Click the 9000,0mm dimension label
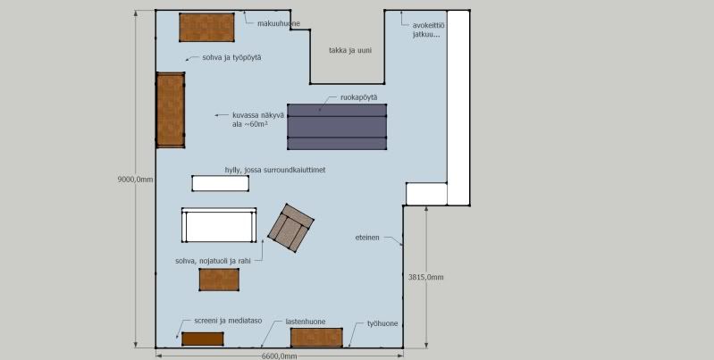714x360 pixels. pyautogui.click(x=136, y=180)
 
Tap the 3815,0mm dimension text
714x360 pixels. pyautogui.click(x=425, y=277)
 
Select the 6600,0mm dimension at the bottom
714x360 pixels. pyautogui.click(x=279, y=356)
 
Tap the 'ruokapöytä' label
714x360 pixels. pyautogui.click(x=359, y=97)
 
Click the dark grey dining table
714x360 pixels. pyautogui.click(x=337, y=127)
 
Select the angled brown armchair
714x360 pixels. pyautogui.click(x=290, y=228)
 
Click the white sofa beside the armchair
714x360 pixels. pyautogui.click(x=219, y=225)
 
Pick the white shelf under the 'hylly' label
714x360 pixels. pyautogui.click(x=221, y=183)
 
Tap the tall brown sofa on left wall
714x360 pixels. pyautogui.click(x=171, y=110)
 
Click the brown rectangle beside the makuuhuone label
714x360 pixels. pyautogui.click(x=206, y=28)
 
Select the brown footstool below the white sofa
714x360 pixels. pyautogui.click(x=219, y=280)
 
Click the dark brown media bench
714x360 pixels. pyautogui.click(x=203, y=339)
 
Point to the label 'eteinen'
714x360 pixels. pyautogui.click(x=367, y=238)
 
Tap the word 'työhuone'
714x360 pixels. pyautogui.click(x=382, y=323)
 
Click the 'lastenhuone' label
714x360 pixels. pyautogui.click(x=306, y=322)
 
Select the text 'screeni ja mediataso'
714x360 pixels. pyautogui.click(x=228, y=321)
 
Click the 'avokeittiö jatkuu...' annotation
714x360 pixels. pyautogui.click(x=426, y=30)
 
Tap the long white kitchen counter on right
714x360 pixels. pyautogui.click(x=458, y=108)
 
